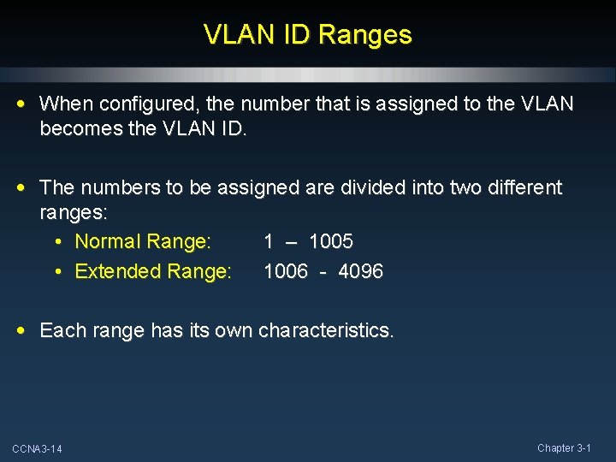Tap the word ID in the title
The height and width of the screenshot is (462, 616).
tap(293, 35)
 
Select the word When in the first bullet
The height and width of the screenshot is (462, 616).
tap(67, 104)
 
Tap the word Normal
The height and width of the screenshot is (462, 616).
tap(108, 241)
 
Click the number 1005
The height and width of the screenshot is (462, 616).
tap(331, 241)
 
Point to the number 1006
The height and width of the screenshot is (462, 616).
tap(286, 271)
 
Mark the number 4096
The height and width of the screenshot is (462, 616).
tap(361, 271)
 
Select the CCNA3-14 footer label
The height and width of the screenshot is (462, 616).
tap(37, 449)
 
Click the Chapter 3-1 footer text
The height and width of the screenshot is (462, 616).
tap(564, 447)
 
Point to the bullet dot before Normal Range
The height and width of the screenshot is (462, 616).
tap(57, 242)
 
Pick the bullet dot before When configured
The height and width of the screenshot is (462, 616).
tap(21, 104)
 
